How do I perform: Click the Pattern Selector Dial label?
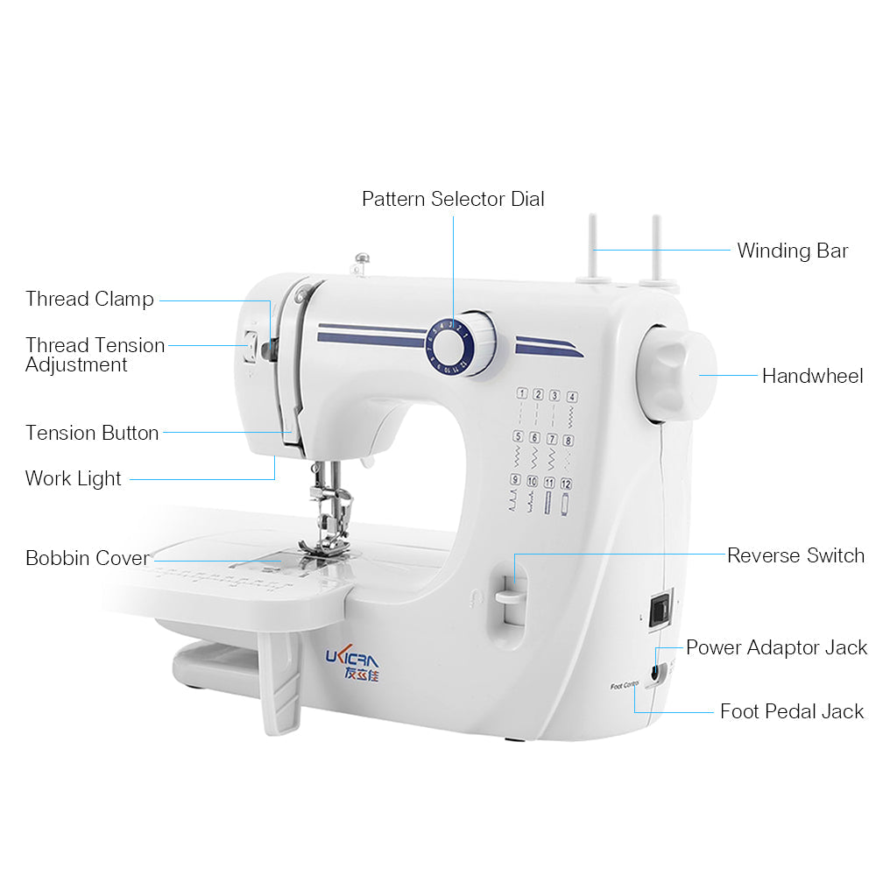453,199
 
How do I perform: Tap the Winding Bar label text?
792,251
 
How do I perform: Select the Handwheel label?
812,376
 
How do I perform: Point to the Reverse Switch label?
795,555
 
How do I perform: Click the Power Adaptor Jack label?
776,647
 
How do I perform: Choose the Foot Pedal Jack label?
792,711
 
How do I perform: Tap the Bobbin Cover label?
87,558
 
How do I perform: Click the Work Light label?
74,478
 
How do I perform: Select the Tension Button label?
92,433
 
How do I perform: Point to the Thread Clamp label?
89,299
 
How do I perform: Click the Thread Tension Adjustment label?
95,355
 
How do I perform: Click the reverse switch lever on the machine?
509,597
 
